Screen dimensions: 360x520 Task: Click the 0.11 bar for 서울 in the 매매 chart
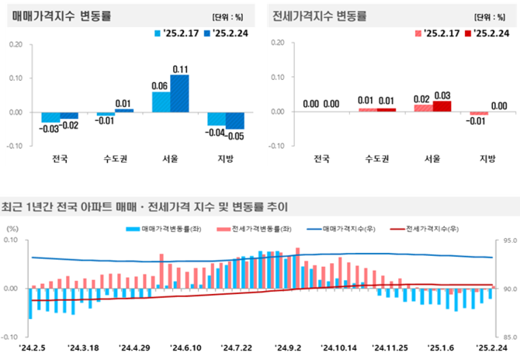(x=180, y=93)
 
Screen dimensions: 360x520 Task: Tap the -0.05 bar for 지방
(x=235, y=120)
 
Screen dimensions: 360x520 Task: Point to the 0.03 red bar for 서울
(x=442, y=106)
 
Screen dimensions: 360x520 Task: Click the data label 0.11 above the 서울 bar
(x=180, y=68)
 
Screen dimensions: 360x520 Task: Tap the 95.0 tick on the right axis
(x=509, y=241)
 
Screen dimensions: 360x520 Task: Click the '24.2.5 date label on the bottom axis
(x=33, y=348)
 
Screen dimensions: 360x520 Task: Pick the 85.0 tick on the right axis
(x=509, y=337)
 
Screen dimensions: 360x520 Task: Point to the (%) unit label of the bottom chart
(x=13, y=230)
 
